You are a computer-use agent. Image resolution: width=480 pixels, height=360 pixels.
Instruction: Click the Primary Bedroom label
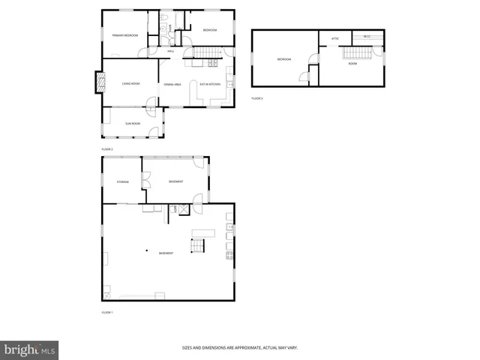pos(125,35)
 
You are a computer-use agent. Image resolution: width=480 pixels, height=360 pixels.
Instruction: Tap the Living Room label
pos(131,83)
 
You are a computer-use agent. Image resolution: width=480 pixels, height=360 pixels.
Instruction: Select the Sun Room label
pos(133,122)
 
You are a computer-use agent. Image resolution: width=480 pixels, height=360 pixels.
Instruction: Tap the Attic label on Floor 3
pos(334,38)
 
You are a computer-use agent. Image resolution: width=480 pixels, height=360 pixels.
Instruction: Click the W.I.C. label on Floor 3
pos(367,36)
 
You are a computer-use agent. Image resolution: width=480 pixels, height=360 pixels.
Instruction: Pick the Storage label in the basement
pos(122,181)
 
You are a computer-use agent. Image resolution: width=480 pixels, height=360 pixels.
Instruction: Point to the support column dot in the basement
pos(147,250)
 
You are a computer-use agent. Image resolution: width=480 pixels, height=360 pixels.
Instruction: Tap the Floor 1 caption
pos(106,311)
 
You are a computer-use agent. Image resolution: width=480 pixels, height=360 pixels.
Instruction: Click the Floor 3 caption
pos(257,98)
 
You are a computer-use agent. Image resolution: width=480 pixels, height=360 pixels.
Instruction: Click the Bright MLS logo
pos(29,349)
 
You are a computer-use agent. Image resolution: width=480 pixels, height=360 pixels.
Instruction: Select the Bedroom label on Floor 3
pos(283,59)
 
